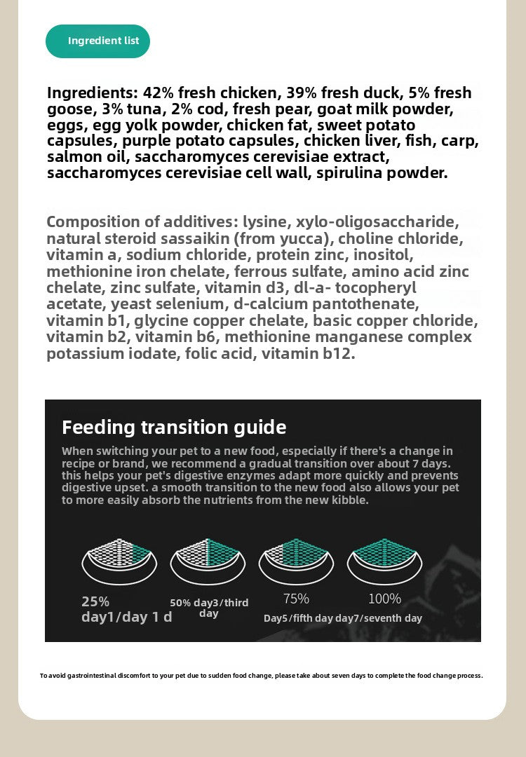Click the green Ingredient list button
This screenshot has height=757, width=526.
(98, 41)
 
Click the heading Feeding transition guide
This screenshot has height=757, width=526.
(174, 427)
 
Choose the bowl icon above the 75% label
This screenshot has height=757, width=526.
(296, 557)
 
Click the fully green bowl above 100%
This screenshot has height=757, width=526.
(385, 557)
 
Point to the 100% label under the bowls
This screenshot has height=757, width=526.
(385, 599)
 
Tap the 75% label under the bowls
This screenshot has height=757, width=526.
(296, 599)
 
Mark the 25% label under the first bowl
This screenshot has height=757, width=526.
(95, 601)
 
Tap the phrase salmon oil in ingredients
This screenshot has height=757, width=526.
(87, 157)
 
